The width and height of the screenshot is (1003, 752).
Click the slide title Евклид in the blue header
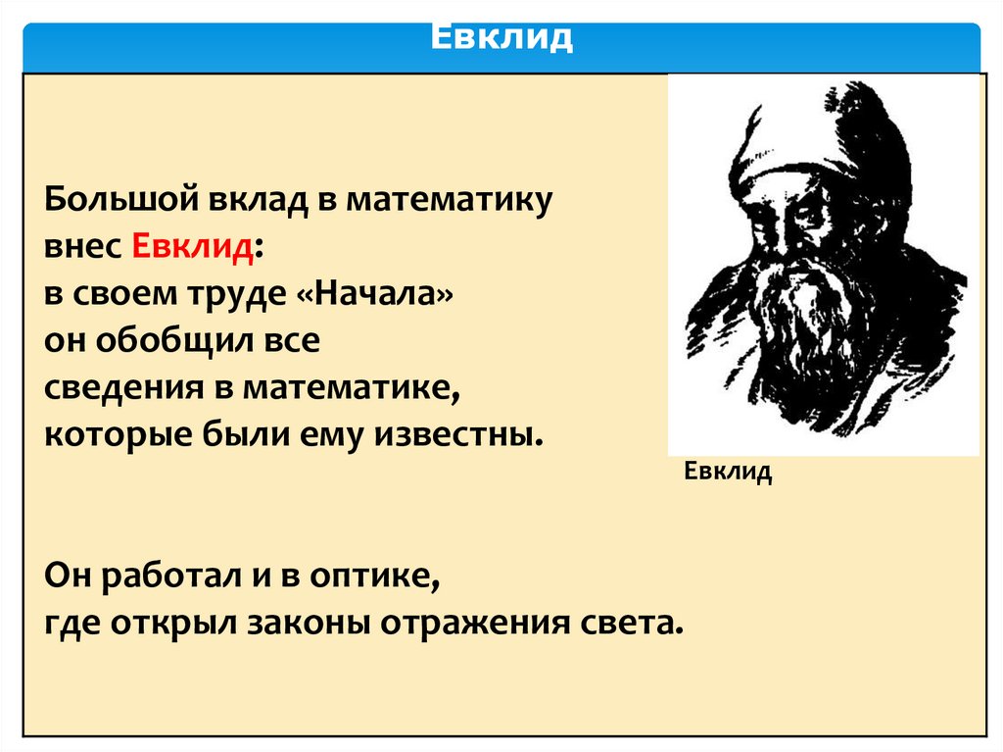[501, 39]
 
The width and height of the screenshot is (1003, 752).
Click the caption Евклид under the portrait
[728, 473]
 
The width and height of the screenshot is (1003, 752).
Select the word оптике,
[372, 577]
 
